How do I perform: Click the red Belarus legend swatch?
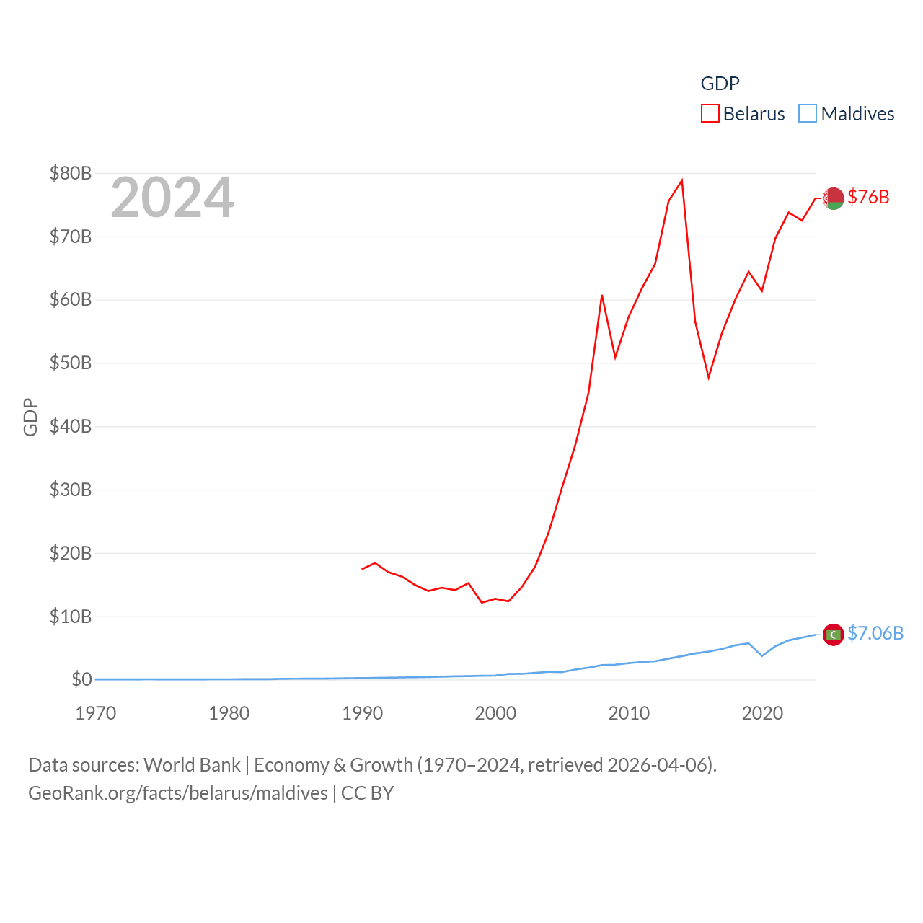[710, 114]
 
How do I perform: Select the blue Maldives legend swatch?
[808, 114]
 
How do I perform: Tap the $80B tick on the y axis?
[71, 173]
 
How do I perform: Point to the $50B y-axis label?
[71, 363]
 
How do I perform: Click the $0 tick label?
[81, 679]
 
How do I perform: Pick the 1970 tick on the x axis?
[96, 713]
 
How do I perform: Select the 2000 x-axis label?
[495, 713]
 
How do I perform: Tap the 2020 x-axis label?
[762, 713]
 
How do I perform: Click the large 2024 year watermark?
[172, 198]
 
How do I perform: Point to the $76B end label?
[868, 197]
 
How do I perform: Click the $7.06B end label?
[875, 633]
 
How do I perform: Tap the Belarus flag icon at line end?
[834, 198]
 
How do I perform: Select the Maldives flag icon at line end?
[834, 635]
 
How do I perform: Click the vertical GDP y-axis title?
[30, 417]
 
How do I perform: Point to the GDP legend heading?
[720, 84]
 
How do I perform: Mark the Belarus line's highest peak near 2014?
[681, 180]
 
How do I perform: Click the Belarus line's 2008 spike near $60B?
[601, 295]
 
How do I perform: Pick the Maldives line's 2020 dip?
[762, 655]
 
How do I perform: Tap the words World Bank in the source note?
[192, 764]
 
